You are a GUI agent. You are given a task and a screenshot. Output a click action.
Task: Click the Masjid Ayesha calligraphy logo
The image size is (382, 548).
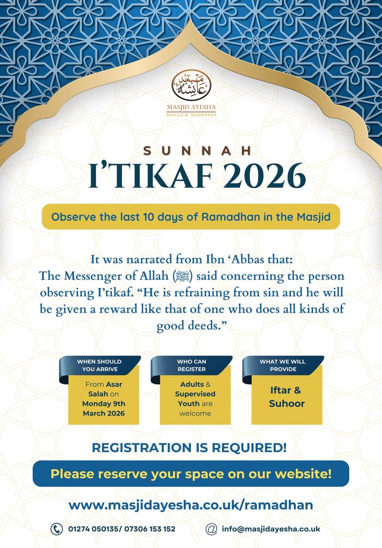click(x=191, y=86)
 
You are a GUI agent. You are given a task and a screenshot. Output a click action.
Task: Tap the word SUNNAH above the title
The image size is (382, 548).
click(x=191, y=150)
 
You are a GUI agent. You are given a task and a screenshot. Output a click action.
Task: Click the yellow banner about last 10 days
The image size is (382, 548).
click(x=191, y=217)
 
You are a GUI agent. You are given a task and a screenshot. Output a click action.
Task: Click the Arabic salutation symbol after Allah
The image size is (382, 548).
click(x=182, y=276)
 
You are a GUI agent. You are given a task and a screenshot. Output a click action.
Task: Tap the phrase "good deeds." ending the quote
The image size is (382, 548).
click(x=191, y=326)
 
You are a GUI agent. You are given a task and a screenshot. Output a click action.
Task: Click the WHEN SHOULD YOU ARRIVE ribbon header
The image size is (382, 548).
click(x=99, y=365)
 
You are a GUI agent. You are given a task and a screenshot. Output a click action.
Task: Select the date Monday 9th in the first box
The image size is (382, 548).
click(x=103, y=403)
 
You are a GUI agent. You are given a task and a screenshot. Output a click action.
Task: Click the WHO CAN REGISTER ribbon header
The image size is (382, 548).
click(x=191, y=365)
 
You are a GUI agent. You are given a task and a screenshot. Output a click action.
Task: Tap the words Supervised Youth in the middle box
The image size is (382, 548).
click(x=195, y=399)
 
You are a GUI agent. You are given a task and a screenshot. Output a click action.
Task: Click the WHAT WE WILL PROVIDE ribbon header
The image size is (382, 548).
click(x=282, y=365)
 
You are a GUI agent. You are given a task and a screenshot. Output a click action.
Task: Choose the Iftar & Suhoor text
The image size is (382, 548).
click(x=286, y=397)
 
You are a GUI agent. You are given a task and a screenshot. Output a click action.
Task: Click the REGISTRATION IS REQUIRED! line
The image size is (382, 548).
click(x=190, y=447)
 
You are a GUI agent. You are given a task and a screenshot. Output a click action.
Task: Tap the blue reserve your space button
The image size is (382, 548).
click(x=191, y=473)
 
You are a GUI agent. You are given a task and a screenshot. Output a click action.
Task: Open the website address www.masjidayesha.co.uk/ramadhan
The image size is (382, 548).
click(x=191, y=505)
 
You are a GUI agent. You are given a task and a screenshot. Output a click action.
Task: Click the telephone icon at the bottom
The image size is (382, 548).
click(x=57, y=529)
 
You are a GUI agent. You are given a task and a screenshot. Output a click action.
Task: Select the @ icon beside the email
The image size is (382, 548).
click(x=211, y=529)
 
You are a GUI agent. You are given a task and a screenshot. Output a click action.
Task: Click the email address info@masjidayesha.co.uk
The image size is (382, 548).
click(x=271, y=529)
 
